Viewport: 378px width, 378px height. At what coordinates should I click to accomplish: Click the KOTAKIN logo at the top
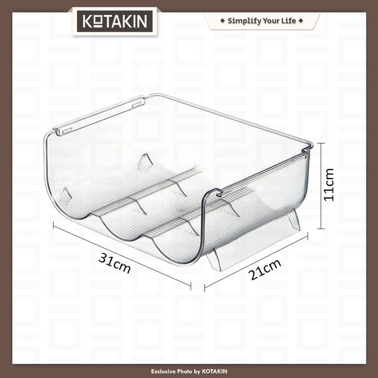click(x=115, y=21)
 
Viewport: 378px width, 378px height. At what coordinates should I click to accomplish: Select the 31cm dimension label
click(x=115, y=263)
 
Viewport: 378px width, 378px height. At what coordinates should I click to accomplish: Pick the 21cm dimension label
click(x=264, y=269)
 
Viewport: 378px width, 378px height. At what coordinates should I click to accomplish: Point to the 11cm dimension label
click(x=329, y=185)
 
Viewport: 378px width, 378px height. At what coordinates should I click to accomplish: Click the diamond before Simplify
click(x=222, y=20)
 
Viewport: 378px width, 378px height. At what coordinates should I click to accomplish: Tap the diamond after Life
click(x=300, y=20)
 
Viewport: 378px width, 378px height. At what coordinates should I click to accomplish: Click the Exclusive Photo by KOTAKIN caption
click(x=189, y=371)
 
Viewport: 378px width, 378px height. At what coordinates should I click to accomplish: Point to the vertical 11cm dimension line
click(x=321, y=186)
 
